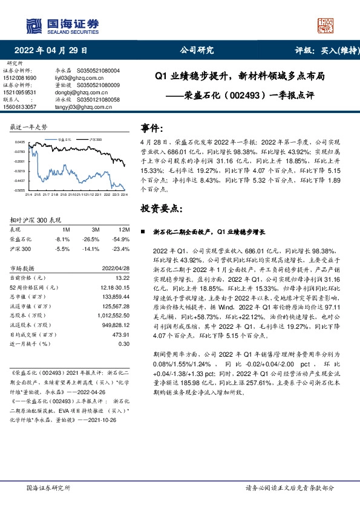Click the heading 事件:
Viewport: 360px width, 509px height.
(152, 128)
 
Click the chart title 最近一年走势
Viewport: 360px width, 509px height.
(28, 128)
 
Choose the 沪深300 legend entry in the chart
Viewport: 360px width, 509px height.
(93, 138)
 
